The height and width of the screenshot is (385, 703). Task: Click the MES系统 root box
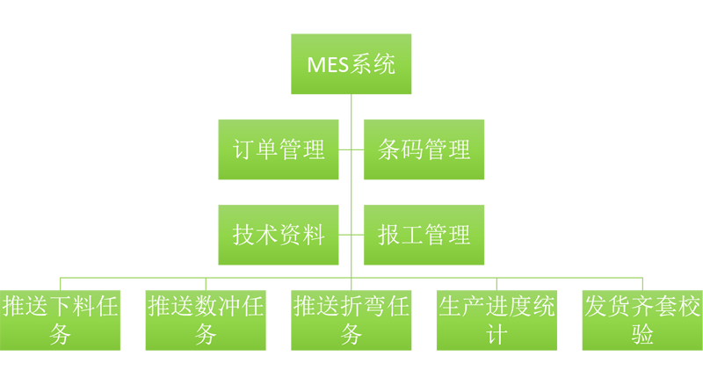click(x=351, y=63)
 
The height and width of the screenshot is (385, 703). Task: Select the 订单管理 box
click(x=279, y=149)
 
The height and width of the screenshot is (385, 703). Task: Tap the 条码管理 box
click(x=424, y=149)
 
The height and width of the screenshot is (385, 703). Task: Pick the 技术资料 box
click(x=279, y=235)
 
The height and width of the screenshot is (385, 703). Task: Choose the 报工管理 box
click(x=424, y=235)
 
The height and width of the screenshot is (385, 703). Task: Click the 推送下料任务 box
click(x=60, y=320)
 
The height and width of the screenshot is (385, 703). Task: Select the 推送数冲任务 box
click(x=206, y=320)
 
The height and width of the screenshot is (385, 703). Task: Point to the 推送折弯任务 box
click(x=351, y=320)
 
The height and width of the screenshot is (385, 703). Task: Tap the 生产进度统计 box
click(x=496, y=320)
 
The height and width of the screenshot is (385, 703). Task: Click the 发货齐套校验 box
click(x=642, y=320)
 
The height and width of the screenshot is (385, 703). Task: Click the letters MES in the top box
click(x=328, y=65)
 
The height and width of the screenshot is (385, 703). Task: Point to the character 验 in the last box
click(x=642, y=334)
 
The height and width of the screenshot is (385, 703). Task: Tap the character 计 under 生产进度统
click(x=496, y=334)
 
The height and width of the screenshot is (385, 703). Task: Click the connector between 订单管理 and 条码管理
click(x=351, y=149)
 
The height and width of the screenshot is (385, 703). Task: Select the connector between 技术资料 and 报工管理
click(x=351, y=235)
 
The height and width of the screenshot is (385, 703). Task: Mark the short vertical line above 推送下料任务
click(x=60, y=284)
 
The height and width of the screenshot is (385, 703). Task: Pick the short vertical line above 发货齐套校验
click(x=642, y=284)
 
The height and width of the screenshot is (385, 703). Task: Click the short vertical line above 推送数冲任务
click(x=206, y=284)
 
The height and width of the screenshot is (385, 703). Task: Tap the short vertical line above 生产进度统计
click(x=496, y=284)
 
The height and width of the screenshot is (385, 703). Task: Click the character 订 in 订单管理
click(x=243, y=149)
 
